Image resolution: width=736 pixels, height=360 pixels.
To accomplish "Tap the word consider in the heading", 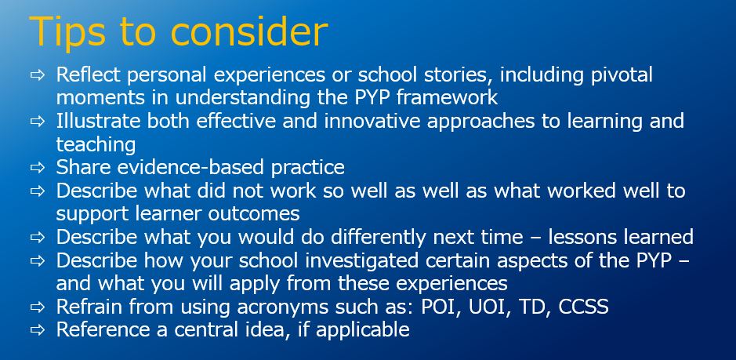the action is (x=248, y=31).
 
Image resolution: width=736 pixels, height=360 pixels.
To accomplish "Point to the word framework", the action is (x=447, y=97).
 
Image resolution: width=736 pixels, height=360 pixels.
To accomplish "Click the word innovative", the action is (x=372, y=122).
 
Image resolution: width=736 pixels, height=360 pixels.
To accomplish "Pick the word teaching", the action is (x=96, y=145).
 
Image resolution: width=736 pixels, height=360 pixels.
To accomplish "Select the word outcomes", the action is (x=253, y=214).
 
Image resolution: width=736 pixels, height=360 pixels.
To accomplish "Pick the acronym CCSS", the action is (x=583, y=307).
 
